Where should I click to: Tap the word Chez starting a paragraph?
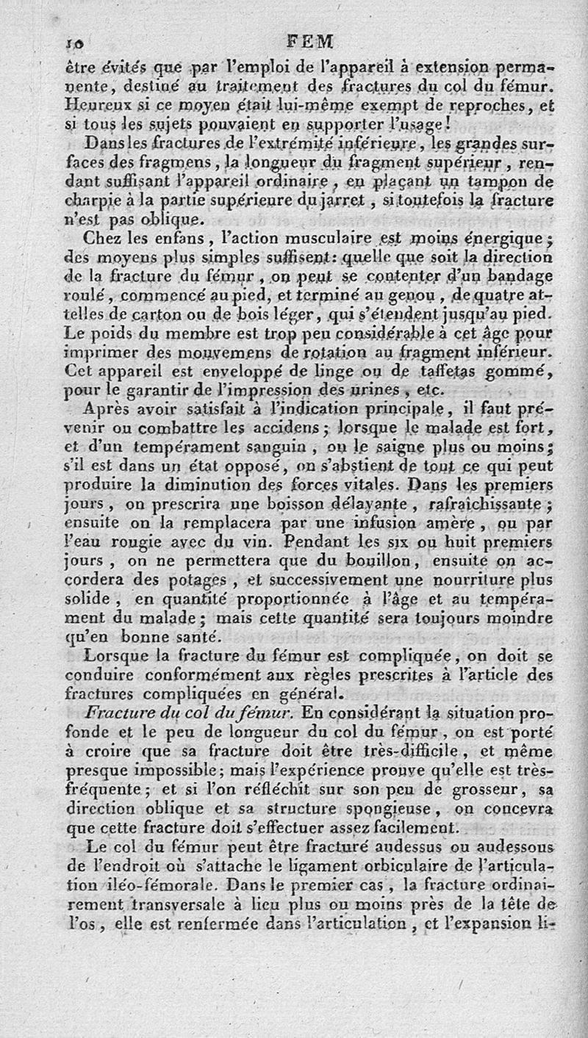coord(104,238)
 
